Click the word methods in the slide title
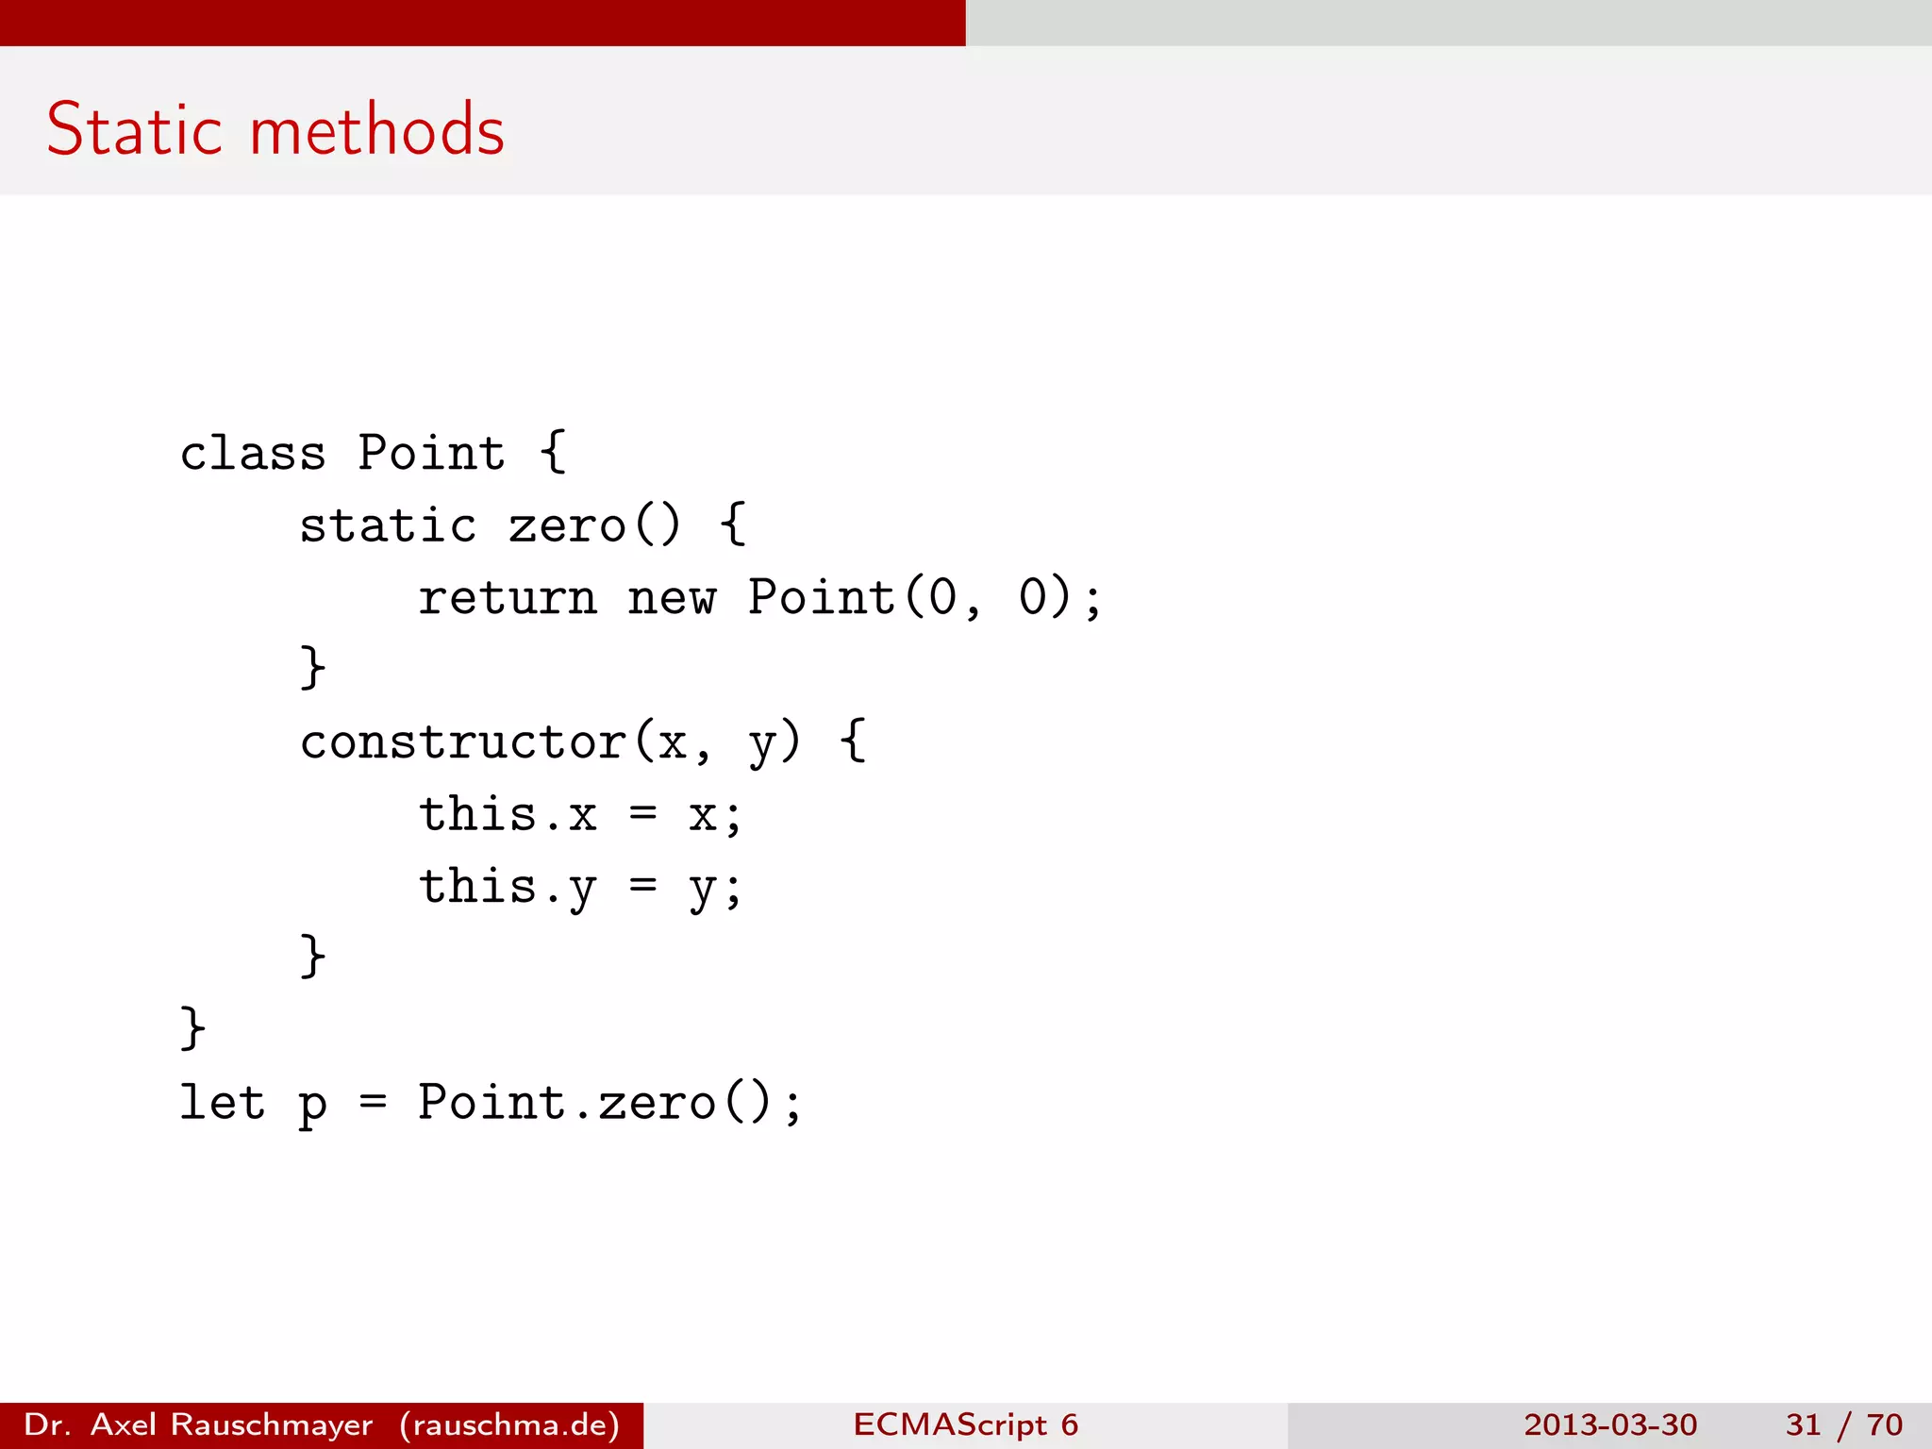pos(377,129)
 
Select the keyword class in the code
pos(253,454)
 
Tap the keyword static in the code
pos(388,525)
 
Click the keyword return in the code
pos(508,598)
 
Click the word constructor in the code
pos(463,742)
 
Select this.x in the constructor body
pos(508,814)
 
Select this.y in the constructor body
pos(508,888)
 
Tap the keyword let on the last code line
pos(223,1102)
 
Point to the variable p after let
pos(312,1106)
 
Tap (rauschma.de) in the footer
pos(509,1424)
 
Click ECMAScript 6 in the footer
pos(965,1424)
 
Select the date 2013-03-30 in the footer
pos(1610,1424)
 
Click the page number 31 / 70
pos(1843,1424)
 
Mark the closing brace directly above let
pos(192,1027)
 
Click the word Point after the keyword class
pos(431,454)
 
